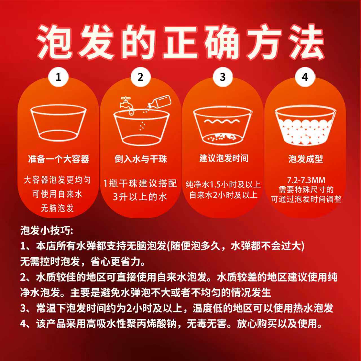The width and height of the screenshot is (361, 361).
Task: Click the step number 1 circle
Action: point(58,77)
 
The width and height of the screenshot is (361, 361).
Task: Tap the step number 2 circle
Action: point(140,77)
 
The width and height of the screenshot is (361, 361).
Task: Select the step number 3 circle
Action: point(223,77)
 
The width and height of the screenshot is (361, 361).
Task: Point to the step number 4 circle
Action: point(305,77)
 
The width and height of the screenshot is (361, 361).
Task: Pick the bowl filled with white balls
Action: point(305,126)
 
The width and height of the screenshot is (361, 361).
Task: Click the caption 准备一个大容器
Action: point(58,159)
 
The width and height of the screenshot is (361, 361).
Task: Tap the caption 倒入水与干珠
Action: point(140,159)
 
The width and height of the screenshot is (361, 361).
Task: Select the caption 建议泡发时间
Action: point(224,158)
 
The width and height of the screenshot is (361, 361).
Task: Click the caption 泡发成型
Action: point(305,159)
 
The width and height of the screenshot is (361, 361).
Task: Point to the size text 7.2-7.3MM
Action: point(306,180)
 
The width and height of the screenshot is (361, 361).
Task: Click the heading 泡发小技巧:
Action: point(47,231)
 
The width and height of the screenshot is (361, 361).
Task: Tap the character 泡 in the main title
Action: point(55,42)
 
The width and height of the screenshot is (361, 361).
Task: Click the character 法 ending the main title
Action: point(306,42)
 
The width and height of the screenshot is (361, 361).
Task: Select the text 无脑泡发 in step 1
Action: point(57,208)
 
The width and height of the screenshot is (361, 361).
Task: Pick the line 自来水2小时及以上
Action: point(223,195)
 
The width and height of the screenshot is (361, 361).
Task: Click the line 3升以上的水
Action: point(140,197)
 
